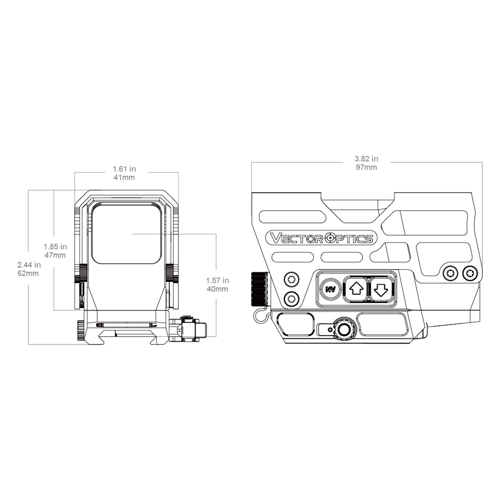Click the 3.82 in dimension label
[366, 158]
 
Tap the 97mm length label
[366, 167]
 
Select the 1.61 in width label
[124, 169]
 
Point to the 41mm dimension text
[124, 177]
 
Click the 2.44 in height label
[29, 265]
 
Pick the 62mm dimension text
[28, 273]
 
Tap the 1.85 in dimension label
[55, 247]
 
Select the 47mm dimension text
[55, 255]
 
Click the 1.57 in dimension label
[217, 280]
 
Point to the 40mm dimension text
[217, 289]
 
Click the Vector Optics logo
[322, 237]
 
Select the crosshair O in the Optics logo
[330, 237]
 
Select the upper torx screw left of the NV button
[292, 279]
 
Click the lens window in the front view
[126, 233]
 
